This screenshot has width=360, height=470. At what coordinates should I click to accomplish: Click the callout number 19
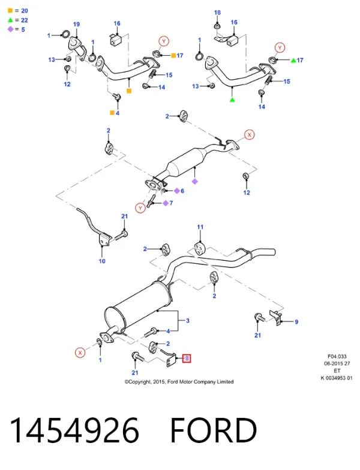pyautogui.click(x=77, y=24)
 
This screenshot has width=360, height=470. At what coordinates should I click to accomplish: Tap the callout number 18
pyautogui.click(x=217, y=13)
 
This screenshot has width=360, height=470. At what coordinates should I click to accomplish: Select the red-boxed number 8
pyautogui.click(x=187, y=358)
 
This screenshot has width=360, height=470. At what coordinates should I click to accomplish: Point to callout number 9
pyautogui.click(x=296, y=321)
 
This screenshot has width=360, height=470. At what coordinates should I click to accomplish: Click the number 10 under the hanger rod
pyautogui.click(x=102, y=261)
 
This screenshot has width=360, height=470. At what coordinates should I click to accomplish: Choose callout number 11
pyautogui.click(x=200, y=227)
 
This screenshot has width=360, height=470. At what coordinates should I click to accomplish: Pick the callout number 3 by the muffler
pyautogui.click(x=188, y=321)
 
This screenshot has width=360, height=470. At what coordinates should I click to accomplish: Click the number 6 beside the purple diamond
pyautogui.click(x=182, y=191)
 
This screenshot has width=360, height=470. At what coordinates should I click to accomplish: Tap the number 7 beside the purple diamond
pyautogui.click(x=172, y=203)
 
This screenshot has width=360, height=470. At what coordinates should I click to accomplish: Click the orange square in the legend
pyautogui.click(x=10, y=11)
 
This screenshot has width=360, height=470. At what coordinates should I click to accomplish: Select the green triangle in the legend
pyautogui.click(x=10, y=20)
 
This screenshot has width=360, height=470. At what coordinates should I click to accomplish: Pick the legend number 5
pyautogui.click(x=23, y=29)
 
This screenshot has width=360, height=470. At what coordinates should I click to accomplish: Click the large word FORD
pyautogui.click(x=214, y=430)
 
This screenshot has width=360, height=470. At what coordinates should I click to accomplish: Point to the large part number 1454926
pyautogui.click(x=74, y=430)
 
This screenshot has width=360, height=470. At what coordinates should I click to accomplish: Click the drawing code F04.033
pyautogui.click(x=337, y=356)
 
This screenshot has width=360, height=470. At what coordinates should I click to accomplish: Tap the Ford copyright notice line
pyautogui.click(x=179, y=381)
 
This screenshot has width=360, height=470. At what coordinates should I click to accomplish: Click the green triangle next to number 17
pyautogui.click(x=293, y=60)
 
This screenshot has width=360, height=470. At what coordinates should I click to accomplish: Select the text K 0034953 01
pyautogui.click(x=337, y=378)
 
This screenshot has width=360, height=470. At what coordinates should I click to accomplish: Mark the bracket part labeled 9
pyautogui.click(x=276, y=318)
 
